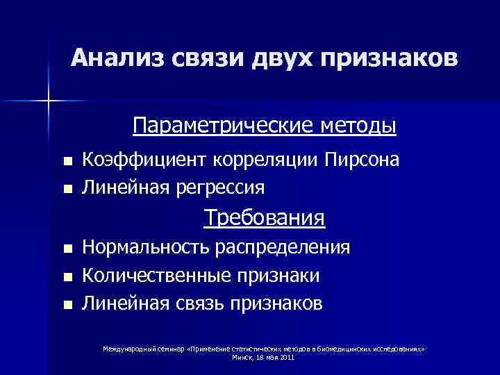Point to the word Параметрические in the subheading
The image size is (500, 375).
pyautogui.click(x=224, y=127)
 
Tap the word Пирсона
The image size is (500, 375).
pyautogui.click(x=361, y=160)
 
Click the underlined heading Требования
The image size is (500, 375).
pyautogui.click(x=264, y=219)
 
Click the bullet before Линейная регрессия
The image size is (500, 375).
pyautogui.click(x=67, y=188)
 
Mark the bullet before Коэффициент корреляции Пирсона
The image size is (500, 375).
pyautogui.click(x=67, y=162)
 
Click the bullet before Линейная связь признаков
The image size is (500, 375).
pyautogui.click(x=67, y=304)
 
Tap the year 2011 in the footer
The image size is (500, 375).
pyautogui.click(x=287, y=357)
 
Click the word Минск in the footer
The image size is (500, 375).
pyautogui.click(x=242, y=357)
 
